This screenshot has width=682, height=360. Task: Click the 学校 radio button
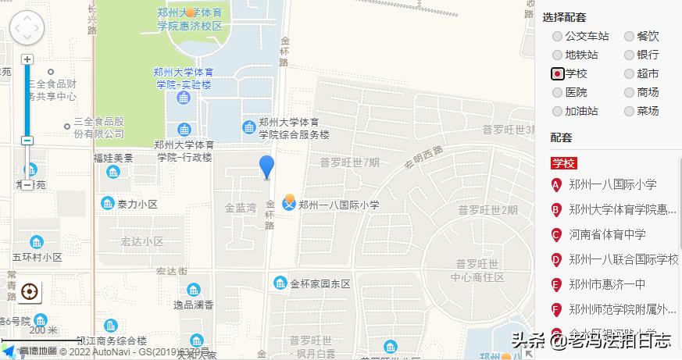click(x=558, y=73)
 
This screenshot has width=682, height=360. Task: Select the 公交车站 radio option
click(x=558, y=36)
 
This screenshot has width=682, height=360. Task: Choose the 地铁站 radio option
click(x=558, y=55)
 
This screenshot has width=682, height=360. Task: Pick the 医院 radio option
click(x=558, y=92)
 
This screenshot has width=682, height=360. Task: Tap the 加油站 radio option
click(x=558, y=111)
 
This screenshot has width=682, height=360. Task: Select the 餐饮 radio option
click(x=630, y=36)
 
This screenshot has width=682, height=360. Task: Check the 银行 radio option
click(x=630, y=55)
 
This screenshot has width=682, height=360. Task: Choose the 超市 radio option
click(x=630, y=73)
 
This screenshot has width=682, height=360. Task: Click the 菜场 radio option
click(x=630, y=111)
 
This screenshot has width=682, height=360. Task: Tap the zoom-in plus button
click(x=27, y=59)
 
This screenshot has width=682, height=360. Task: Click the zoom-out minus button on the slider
click(x=27, y=141)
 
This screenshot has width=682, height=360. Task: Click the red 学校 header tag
click(x=564, y=163)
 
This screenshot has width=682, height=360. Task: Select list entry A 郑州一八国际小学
click(x=612, y=185)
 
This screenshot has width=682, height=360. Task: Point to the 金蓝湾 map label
click(x=241, y=209)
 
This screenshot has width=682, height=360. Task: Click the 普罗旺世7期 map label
click(x=349, y=162)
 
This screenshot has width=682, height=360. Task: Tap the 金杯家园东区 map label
click(x=320, y=283)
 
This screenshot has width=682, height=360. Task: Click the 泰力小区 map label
click(x=137, y=204)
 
